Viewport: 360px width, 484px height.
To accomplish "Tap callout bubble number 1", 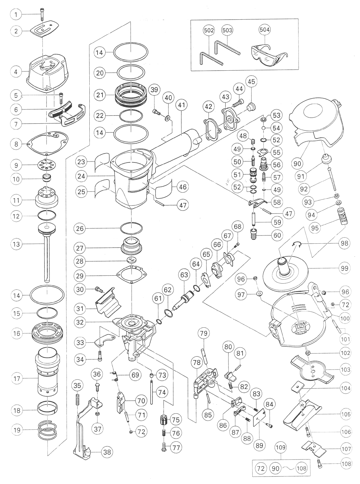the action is (16, 15).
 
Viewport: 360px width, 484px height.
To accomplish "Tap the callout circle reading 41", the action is (182, 105).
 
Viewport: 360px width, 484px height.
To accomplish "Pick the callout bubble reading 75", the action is (176, 420).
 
